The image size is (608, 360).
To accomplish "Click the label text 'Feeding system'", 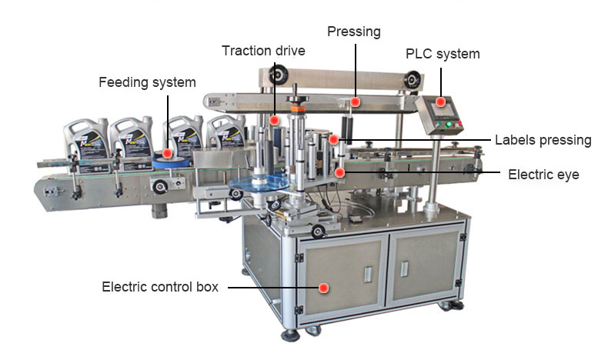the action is click(147, 82).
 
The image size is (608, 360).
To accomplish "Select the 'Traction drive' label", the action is click(263, 51).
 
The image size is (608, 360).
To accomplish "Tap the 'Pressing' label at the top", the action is click(353, 32).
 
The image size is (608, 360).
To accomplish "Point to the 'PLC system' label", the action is click(443, 54).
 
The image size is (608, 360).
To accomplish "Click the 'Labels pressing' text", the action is click(543, 140).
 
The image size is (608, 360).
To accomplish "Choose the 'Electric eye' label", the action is click(543, 175).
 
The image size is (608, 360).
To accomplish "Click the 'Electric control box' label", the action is click(160, 287).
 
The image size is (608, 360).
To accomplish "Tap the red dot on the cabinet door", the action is click(324, 288).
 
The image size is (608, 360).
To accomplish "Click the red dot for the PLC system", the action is click(440, 101).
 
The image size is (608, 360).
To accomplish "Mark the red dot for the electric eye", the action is click(339, 173).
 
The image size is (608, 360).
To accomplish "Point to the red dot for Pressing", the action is click(355, 101).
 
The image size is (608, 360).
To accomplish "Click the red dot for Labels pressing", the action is click(333, 140).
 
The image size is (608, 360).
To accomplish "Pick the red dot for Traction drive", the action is click(274, 120).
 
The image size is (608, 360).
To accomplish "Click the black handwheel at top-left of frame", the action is click(278, 75).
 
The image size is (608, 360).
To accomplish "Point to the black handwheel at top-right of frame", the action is click(414, 78).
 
